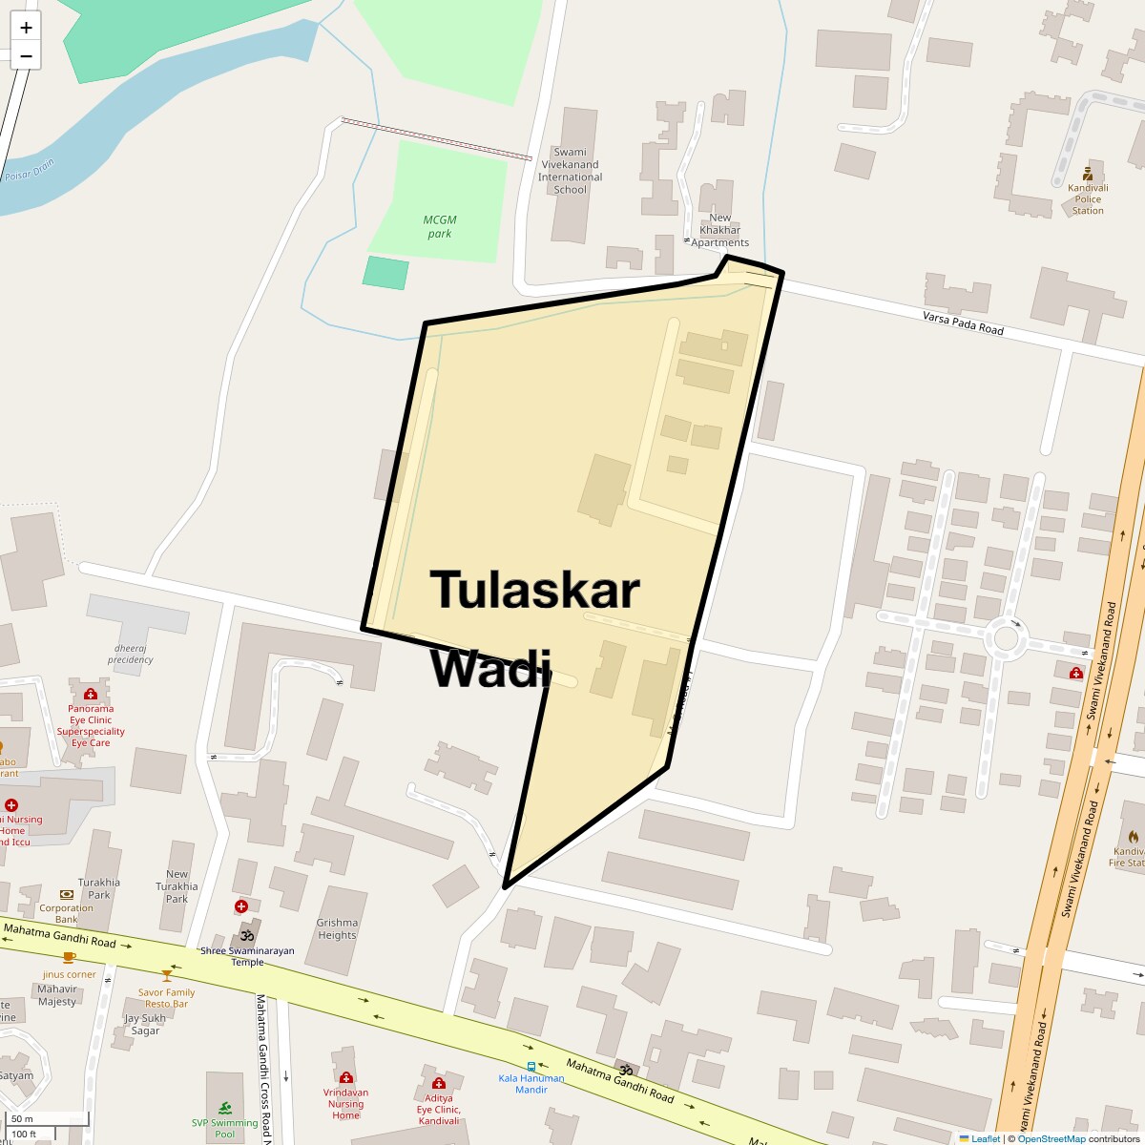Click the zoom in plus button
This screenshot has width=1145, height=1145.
26,28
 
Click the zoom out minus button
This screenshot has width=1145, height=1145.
26,56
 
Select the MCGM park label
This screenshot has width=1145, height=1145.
439,227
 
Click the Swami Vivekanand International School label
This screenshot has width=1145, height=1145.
571,171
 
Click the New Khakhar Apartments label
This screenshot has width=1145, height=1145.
719,230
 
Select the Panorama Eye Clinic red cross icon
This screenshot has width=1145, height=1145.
91,694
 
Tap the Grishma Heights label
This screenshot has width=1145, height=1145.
337,929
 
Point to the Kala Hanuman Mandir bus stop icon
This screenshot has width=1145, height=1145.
531,1066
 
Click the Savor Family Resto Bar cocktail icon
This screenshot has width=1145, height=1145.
167,975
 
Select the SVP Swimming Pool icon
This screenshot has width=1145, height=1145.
225,1108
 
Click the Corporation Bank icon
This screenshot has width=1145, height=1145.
66,894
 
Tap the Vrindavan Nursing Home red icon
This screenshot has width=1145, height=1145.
345,1078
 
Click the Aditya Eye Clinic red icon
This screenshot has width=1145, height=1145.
438,1084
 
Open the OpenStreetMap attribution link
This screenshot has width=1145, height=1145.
1051,1138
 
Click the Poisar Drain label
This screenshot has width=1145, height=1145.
31,170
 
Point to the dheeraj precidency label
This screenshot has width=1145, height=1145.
131,654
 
